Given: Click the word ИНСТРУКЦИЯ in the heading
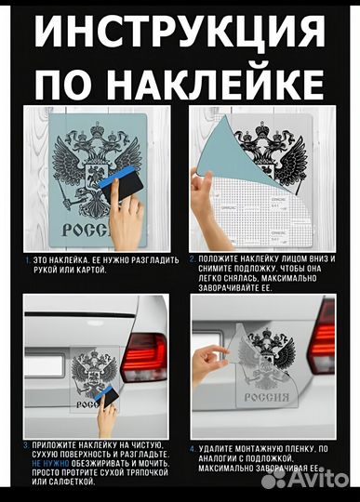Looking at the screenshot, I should point(179,33).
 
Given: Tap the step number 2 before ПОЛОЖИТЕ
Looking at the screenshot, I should point(192,259).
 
